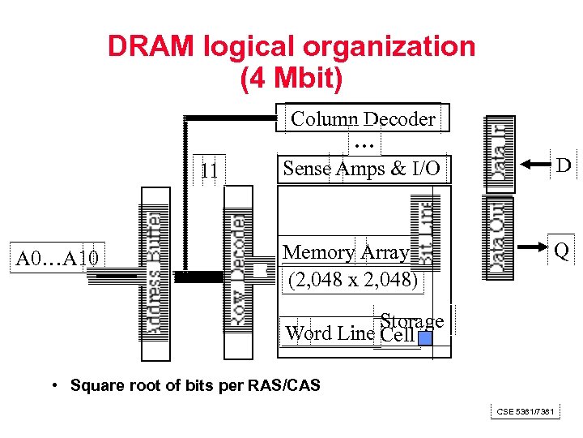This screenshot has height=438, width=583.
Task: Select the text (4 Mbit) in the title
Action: click(291, 79)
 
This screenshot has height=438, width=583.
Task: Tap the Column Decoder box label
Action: click(363, 119)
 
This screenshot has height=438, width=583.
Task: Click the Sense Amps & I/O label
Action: click(361, 169)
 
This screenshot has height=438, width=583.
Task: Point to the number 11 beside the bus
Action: click(209, 171)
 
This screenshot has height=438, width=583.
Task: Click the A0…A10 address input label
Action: click(57, 259)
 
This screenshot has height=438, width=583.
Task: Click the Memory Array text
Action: click(346, 252)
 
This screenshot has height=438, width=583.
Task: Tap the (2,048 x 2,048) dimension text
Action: click(353, 281)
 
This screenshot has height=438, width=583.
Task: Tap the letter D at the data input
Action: click(563, 165)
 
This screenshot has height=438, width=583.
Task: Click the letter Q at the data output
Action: click(561, 252)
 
